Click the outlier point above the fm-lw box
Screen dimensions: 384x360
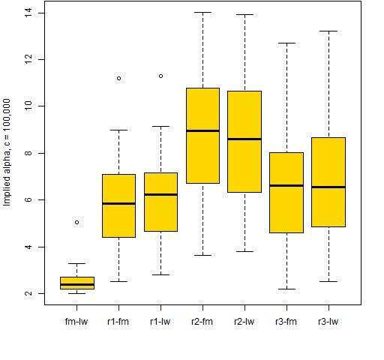pyautogui.click(x=76, y=222)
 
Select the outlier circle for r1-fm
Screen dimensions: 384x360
pyautogui.click(x=118, y=78)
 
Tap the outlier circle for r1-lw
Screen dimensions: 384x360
pyautogui.click(x=160, y=76)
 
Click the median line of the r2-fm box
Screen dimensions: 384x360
pyautogui.click(x=202, y=130)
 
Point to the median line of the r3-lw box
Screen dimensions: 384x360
pyautogui.click(x=328, y=187)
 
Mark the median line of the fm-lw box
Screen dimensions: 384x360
pyautogui.click(x=77, y=284)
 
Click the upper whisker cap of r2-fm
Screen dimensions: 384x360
pyautogui.click(x=202, y=12)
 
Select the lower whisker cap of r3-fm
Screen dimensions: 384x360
pyautogui.click(x=286, y=289)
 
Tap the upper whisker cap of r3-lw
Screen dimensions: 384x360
pyautogui.click(x=328, y=31)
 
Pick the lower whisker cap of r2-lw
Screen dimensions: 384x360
pyautogui.click(x=244, y=251)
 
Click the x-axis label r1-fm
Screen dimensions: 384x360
pyautogui.click(x=118, y=322)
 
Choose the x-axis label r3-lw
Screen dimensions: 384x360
pyautogui.click(x=328, y=322)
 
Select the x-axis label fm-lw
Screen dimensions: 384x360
pyautogui.click(x=76, y=322)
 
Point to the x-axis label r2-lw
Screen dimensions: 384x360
pyautogui.click(x=244, y=322)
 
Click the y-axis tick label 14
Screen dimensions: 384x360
pyautogui.click(x=28, y=13)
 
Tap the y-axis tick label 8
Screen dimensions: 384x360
pyautogui.click(x=28, y=153)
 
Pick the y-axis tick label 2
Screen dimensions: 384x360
pyautogui.click(x=28, y=293)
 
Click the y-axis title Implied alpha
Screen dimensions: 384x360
pyautogui.click(x=7, y=177)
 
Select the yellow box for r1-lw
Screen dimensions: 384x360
pyautogui.click(x=160, y=202)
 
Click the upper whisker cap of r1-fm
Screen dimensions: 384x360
pyautogui.click(x=118, y=130)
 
